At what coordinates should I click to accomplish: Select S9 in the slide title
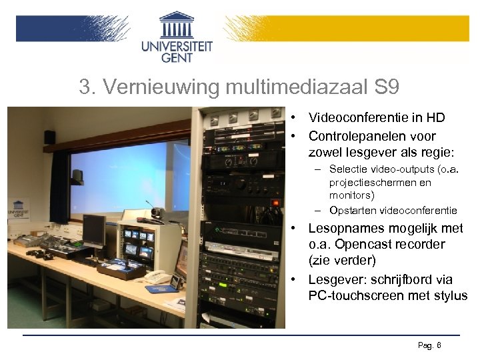[x=386, y=87]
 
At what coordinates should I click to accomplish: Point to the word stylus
[x=450, y=296]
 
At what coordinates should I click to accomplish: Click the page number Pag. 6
[x=429, y=345]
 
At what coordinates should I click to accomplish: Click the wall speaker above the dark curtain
[x=49, y=137]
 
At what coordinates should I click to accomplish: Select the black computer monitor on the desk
[x=93, y=228]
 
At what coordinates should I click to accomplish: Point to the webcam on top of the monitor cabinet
[x=158, y=213]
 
